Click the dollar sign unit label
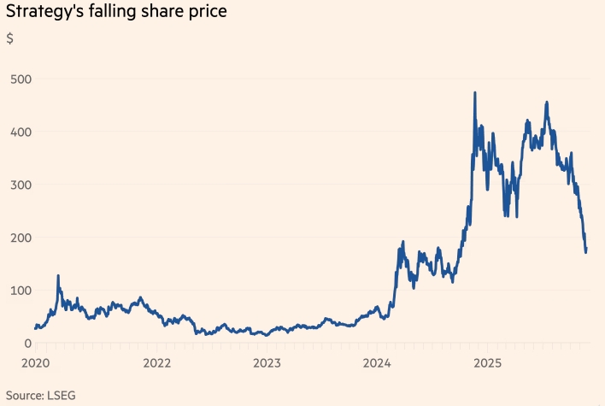point(9,38)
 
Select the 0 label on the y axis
point(28,344)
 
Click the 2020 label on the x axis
point(35,362)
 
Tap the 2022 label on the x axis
point(156,362)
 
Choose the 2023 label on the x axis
point(267,362)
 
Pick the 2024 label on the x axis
point(377,362)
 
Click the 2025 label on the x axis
point(488,362)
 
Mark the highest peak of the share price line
point(474,92)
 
